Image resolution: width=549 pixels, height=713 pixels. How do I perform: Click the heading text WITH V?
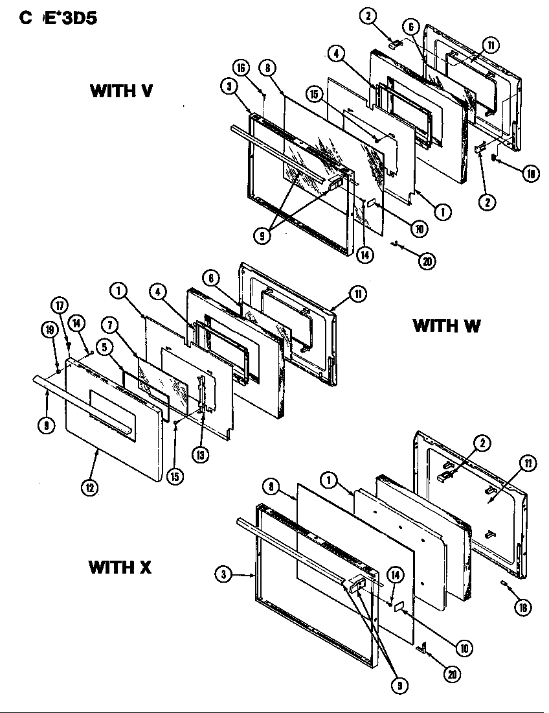click(x=121, y=91)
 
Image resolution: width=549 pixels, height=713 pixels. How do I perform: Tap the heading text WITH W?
click(x=446, y=325)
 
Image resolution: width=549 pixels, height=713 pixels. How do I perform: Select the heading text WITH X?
click(x=120, y=568)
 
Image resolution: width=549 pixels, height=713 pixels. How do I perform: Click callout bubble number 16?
click(x=241, y=68)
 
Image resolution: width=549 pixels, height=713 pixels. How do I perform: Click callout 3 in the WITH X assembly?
click(x=221, y=573)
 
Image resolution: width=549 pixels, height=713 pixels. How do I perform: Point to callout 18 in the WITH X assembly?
click(x=523, y=607)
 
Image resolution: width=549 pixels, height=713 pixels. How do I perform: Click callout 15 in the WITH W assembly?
click(x=174, y=476)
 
